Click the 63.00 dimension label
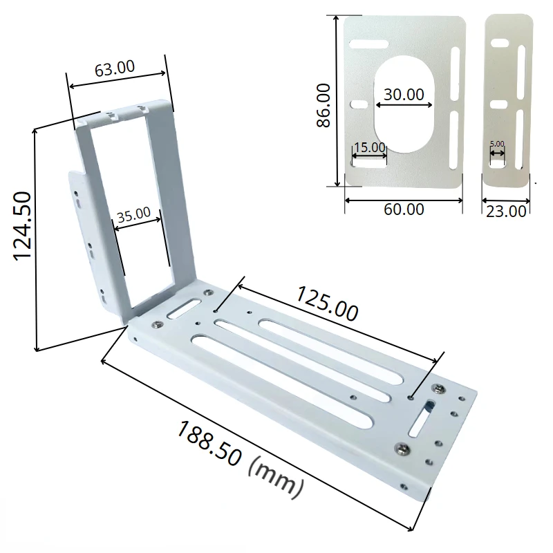[115, 68]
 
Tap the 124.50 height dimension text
[22, 226]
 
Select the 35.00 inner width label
[133, 215]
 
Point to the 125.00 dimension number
[327, 304]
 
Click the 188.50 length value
[209, 444]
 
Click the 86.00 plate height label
[323, 105]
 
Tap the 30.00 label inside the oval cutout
[404, 95]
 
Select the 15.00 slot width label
[369, 147]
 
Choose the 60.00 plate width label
[404, 209]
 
